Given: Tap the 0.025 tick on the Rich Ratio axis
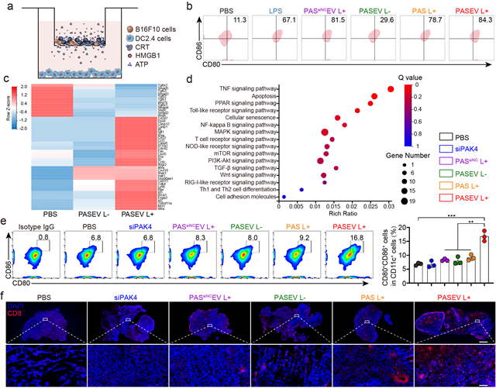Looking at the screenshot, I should (x=370, y=206).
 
